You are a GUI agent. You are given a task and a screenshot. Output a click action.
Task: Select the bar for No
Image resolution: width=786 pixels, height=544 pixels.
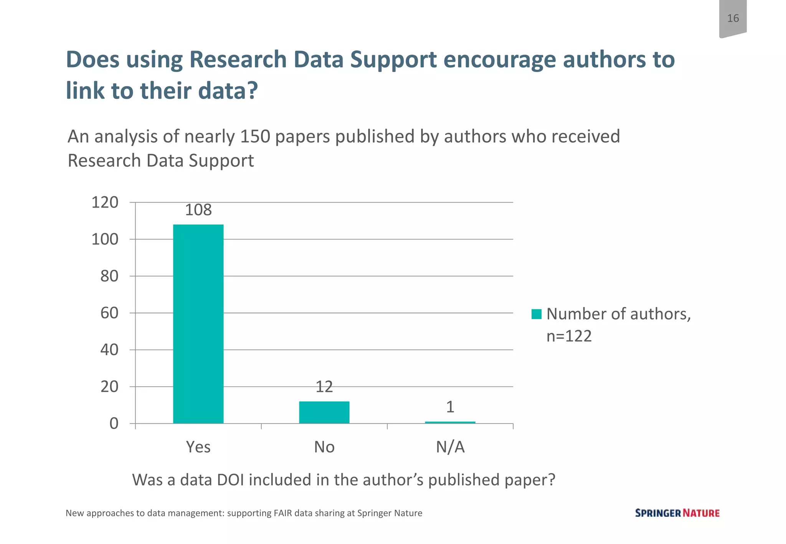tap(324, 412)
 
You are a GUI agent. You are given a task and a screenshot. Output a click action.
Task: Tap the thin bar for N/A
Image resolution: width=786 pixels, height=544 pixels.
tap(450, 422)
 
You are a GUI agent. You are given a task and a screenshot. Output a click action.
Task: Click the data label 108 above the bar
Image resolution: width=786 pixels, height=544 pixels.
tap(198, 210)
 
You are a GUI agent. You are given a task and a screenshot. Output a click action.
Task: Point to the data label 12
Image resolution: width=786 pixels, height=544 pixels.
tap(324, 387)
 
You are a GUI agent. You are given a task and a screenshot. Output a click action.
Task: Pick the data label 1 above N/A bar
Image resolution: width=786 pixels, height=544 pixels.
tap(450, 407)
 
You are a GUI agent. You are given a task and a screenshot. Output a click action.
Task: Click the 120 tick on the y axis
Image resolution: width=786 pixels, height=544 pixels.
tap(105, 202)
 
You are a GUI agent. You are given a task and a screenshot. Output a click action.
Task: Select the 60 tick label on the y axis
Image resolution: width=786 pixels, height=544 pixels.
tap(109, 313)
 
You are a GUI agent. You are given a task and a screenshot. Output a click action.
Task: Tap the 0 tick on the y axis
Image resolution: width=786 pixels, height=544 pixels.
tap(114, 424)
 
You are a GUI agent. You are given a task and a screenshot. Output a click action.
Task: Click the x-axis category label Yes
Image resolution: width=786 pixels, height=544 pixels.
tap(198, 447)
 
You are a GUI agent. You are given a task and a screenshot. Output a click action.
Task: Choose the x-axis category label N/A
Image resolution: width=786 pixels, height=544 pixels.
tap(450, 447)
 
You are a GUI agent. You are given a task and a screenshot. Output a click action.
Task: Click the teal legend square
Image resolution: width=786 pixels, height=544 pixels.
tap(536, 314)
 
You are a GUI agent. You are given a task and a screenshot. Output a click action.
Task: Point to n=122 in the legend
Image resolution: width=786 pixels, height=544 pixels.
tap(569, 336)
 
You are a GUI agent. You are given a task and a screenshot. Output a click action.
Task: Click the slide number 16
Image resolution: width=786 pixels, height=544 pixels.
tap(733, 18)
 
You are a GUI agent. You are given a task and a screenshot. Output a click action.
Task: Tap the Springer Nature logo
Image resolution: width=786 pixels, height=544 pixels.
tap(677, 513)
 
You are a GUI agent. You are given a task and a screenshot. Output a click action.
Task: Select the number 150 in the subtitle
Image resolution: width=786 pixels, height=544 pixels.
tap(255, 137)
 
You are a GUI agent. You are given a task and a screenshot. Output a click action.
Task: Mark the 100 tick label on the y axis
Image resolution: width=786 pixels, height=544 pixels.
tap(105, 239)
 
